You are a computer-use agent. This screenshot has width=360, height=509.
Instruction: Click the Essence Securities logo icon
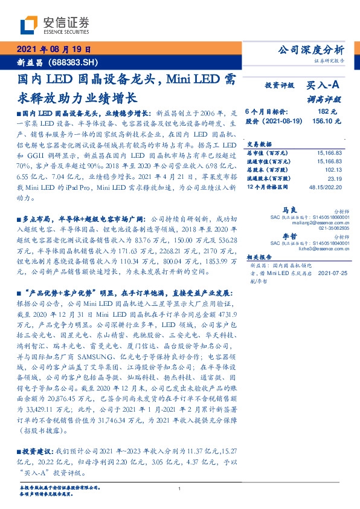coord(29,25)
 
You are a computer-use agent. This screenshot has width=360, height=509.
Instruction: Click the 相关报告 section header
coord(259,257)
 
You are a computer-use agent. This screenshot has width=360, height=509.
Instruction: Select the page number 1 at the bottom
coord(179,489)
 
